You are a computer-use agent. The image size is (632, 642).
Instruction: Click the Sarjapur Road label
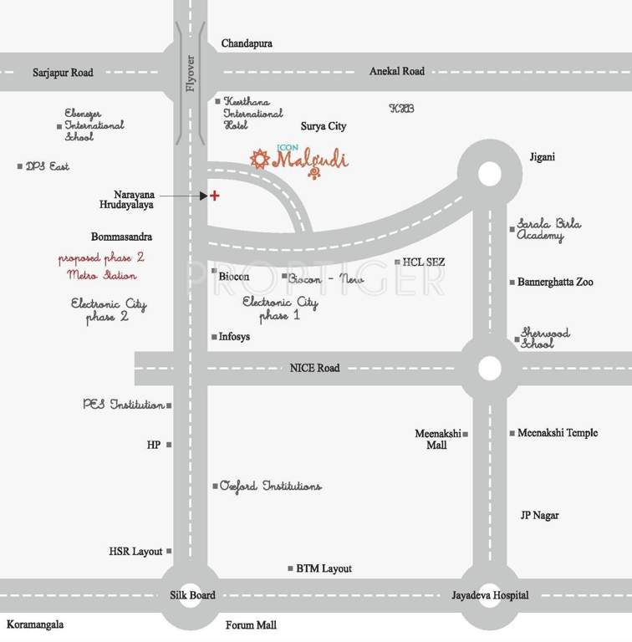63,73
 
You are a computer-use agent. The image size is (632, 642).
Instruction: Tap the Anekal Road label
397,72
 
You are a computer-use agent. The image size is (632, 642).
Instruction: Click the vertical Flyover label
190,74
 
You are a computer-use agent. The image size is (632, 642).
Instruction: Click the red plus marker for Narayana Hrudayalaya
215,196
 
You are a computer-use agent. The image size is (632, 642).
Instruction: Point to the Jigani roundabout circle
490,173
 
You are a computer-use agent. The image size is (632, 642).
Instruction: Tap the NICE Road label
314,368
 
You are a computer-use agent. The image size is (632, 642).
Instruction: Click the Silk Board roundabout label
191,595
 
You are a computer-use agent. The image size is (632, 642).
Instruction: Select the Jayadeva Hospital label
490,595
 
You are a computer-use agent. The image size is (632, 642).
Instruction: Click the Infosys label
234,337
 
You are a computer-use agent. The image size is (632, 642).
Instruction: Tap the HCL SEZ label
424,262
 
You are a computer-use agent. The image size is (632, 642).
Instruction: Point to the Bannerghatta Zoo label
555,283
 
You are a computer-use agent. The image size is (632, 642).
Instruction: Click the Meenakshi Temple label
558,433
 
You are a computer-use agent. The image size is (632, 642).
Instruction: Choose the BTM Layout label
324,568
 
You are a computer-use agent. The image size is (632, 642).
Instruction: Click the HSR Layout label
135,552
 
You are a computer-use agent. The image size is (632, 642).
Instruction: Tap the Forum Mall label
251,625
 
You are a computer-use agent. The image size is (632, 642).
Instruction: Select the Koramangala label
34,624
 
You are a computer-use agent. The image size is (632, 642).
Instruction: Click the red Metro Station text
97,275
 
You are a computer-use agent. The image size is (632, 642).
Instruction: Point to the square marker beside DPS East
20,166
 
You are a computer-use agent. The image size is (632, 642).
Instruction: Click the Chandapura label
247,43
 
